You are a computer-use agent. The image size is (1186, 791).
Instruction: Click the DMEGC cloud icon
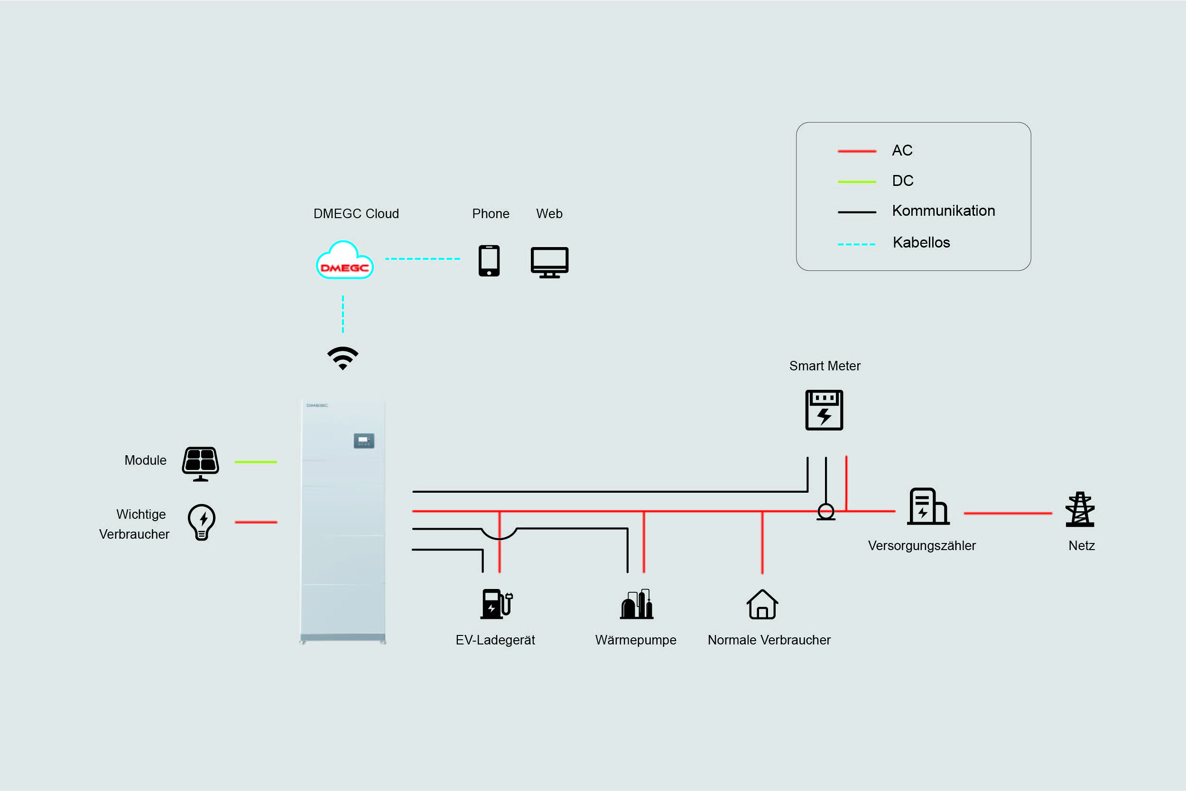point(345,260)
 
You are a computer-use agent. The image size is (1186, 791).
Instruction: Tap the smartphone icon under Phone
point(489,261)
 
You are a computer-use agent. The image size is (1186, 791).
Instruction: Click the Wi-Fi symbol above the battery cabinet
point(343,358)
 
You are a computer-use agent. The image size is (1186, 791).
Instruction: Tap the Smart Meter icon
point(824,410)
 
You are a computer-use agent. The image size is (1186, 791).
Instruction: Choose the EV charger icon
point(497,604)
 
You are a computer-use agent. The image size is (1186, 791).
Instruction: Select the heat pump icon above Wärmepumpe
point(637,604)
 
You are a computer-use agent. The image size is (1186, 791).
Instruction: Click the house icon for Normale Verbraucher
point(762,604)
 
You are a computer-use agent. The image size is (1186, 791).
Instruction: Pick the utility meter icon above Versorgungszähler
point(928,506)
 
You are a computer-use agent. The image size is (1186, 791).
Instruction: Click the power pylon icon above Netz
point(1080,509)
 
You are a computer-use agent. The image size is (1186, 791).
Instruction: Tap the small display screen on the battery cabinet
point(364,441)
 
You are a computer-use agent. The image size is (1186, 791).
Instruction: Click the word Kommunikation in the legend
point(944,211)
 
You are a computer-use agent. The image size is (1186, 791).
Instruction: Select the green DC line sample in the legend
point(857,182)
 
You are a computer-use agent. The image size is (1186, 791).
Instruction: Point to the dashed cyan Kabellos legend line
point(856,244)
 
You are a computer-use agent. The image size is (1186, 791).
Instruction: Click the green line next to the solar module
point(256,462)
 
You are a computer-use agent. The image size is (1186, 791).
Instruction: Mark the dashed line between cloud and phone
point(423,259)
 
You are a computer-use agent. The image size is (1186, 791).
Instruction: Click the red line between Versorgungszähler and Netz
point(1008,513)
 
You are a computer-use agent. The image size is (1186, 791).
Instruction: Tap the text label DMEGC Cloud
point(356,214)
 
